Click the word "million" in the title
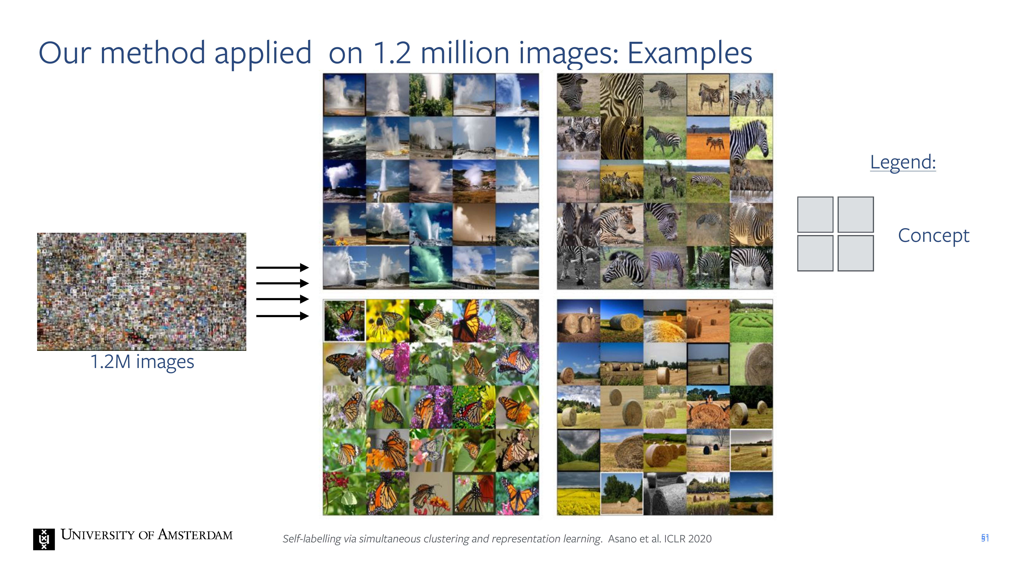(x=465, y=53)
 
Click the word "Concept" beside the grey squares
(x=933, y=235)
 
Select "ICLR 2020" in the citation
(x=688, y=539)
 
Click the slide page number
(x=985, y=538)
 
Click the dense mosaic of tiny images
(x=142, y=292)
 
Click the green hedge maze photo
(x=751, y=321)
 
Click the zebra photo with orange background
(x=708, y=138)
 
